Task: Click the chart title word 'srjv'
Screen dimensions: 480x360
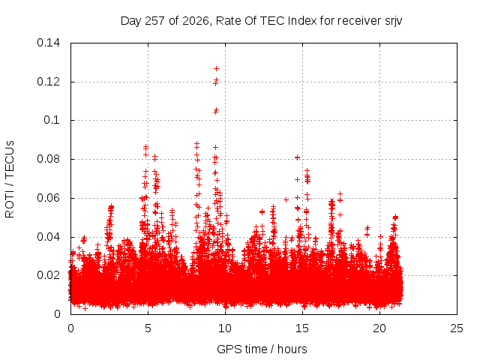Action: tap(393, 22)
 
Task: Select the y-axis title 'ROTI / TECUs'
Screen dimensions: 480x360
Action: tap(10, 179)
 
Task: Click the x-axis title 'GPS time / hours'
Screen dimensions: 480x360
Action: tap(262, 349)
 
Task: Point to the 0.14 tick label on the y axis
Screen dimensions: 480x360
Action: tap(48, 43)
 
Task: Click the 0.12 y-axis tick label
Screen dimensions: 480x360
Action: tap(48, 82)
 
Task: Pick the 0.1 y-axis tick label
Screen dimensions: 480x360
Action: tap(52, 120)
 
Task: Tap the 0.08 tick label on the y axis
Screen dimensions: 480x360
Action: tap(48, 159)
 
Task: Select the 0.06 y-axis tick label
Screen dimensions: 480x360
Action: tap(48, 198)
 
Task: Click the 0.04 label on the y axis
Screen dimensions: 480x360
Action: tap(48, 237)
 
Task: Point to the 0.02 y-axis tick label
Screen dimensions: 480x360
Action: tap(48, 275)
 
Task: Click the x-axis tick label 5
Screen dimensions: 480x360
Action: tap(148, 328)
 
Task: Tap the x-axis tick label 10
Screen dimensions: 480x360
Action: tap(225, 328)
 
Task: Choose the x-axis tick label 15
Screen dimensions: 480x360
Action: tap(302, 328)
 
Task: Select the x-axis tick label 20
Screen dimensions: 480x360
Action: tap(379, 328)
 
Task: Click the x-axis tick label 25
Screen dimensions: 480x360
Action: tap(457, 328)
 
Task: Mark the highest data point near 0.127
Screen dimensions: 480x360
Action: tap(216, 68)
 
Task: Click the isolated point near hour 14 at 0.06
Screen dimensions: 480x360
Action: tap(286, 200)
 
